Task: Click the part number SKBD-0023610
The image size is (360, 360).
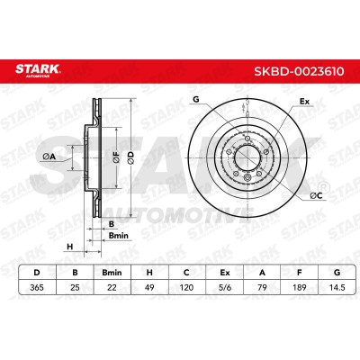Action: (x=299, y=72)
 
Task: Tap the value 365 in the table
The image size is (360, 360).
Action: (x=37, y=287)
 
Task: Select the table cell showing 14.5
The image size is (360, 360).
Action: (x=337, y=287)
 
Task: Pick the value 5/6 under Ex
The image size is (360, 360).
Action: (x=225, y=287)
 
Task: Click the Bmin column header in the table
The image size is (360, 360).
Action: (x=112, y=273)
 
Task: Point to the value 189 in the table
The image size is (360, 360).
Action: (x=300, y=287)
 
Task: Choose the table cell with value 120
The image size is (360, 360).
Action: (x=186, y=287)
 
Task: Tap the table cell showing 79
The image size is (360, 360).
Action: (x=262, y=287)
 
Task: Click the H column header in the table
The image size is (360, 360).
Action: (x=149, y=273)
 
